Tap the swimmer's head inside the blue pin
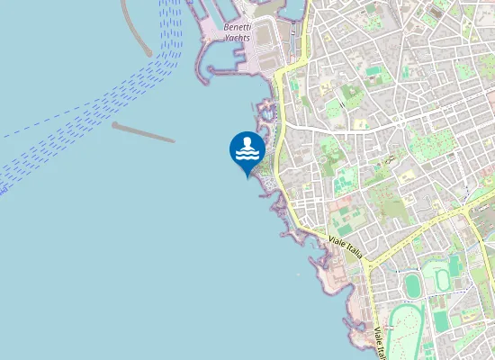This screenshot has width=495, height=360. tap(247, 141)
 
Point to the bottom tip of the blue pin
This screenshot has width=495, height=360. tap(247, 176)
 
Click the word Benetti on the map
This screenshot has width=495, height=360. tap(238, 27)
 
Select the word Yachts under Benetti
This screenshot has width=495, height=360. tap(238, 39)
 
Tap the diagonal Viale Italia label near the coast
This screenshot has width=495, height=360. tap(346, 247)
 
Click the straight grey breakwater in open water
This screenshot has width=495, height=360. tap(143, 132)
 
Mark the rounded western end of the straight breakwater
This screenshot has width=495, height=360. tap(115, 124)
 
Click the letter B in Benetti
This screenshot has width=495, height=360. tap(226, 27)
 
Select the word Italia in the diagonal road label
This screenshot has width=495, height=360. tap(352, 253)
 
